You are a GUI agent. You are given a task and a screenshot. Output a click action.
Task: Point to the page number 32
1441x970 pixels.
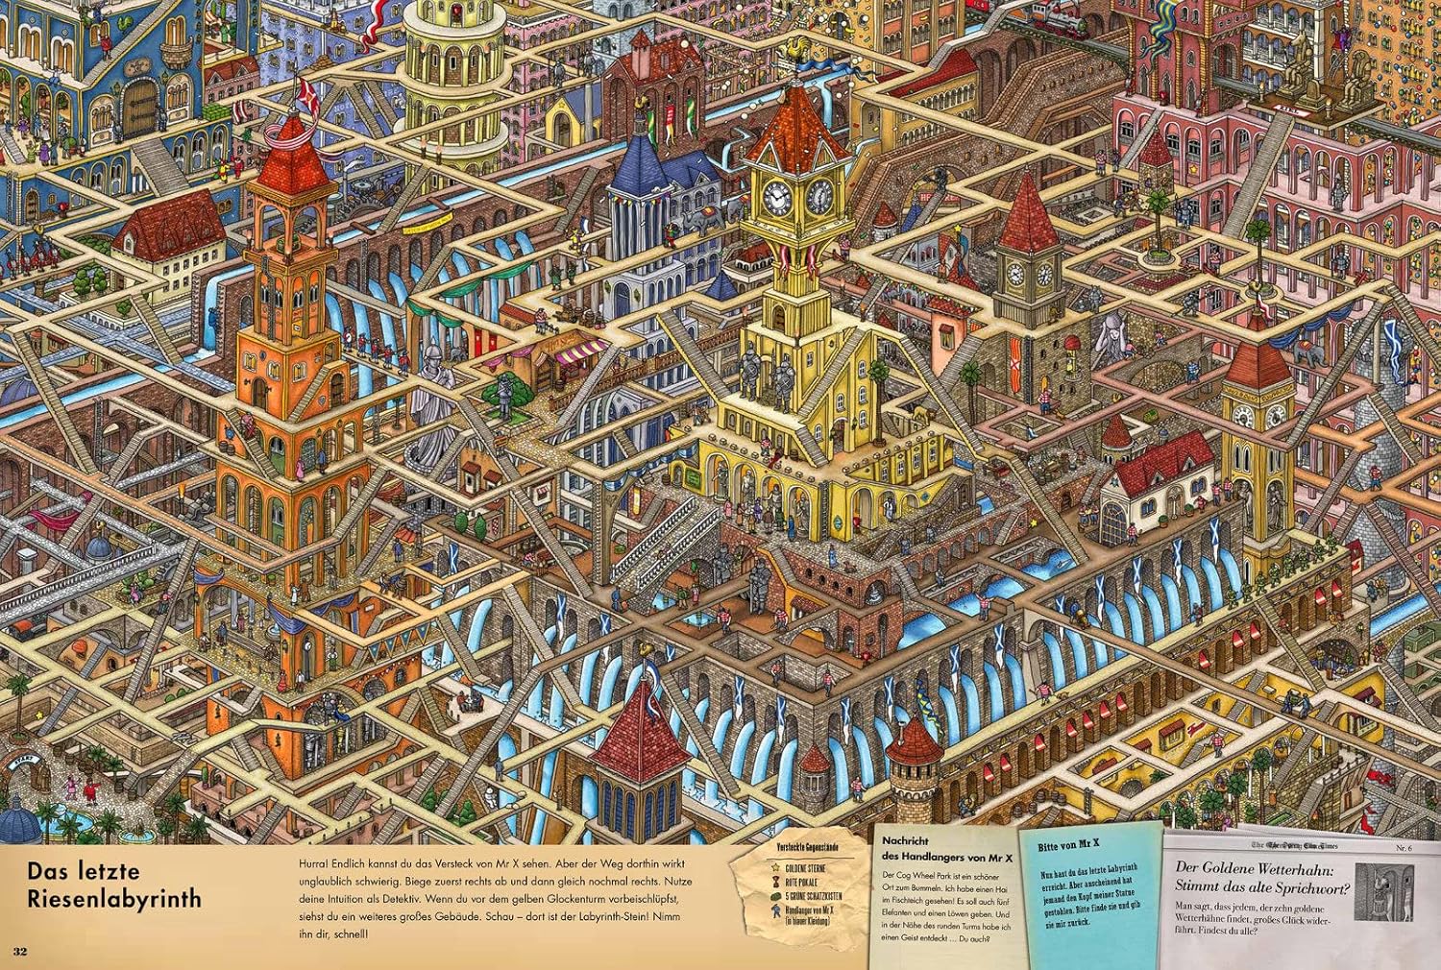21,951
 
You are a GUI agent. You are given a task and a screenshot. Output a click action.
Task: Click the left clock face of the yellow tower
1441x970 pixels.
775,197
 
